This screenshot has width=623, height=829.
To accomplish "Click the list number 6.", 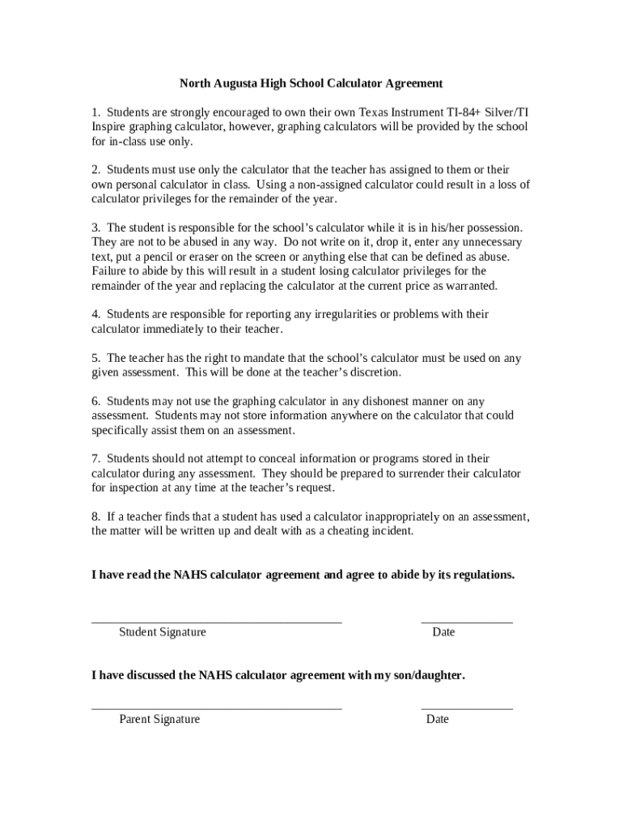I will [x=95, y=401].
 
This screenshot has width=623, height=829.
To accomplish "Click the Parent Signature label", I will [x=159, y=719].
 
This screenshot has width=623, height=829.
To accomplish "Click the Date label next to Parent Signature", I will [x=437, y=719].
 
